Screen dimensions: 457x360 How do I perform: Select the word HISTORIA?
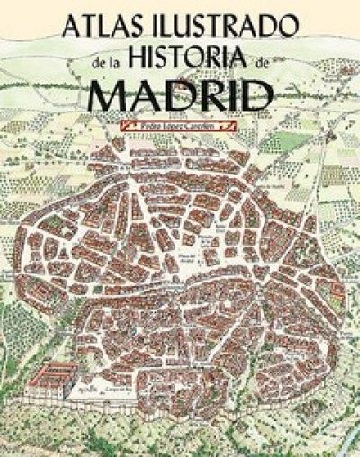tap(204, 62)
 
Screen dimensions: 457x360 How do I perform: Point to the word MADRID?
tap(184, 94)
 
